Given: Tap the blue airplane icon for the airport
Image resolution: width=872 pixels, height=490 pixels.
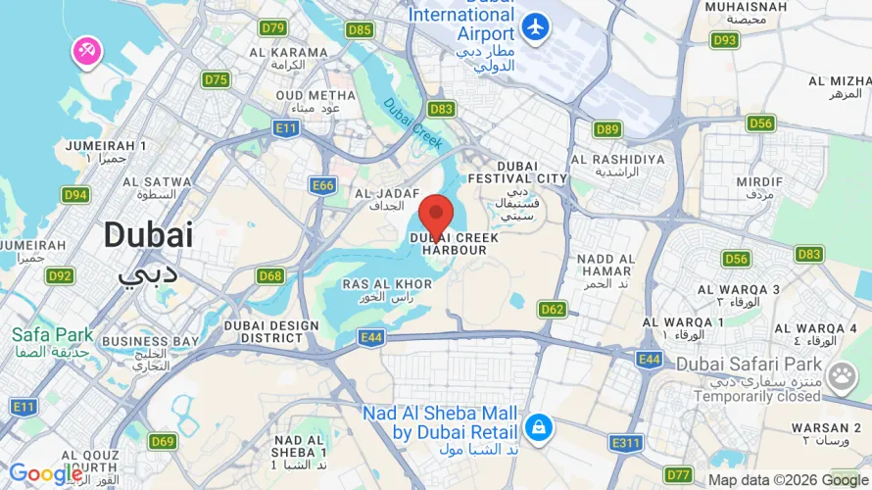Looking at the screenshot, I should [x=536, y=27].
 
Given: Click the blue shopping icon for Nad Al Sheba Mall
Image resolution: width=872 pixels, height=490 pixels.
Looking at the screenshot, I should [x=537, y=427].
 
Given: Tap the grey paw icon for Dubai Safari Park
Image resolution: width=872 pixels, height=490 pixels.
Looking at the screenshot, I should [x=841, y=376].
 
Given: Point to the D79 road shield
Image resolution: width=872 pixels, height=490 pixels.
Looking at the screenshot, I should [x=273, y=27].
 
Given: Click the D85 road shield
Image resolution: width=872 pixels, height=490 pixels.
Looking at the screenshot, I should [x=360, y=29].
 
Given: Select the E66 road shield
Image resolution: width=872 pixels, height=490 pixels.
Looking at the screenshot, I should [x=322, y=184].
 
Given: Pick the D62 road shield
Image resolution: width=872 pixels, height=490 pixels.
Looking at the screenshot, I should [x=553, y=309].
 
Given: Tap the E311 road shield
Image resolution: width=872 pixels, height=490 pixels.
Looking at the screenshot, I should [x=625, y=443].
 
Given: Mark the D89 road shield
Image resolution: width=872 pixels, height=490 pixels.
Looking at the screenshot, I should [x=607, y=128].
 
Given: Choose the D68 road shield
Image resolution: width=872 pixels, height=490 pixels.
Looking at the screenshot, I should [x=271, y=275].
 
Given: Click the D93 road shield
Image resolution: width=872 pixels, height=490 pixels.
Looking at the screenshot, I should [x=724, y=40].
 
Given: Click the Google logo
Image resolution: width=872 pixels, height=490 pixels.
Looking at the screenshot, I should [x=45, y=474].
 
